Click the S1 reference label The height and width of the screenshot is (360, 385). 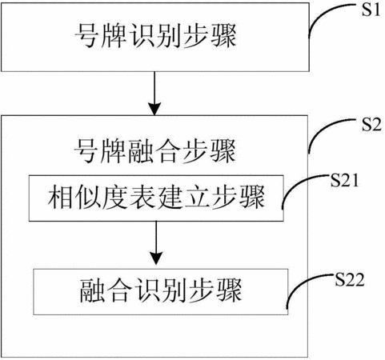371,10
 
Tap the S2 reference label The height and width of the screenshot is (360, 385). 371,125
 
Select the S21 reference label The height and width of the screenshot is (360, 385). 344,181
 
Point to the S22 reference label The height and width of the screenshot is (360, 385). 350,280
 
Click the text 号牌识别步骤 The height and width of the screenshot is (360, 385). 155,36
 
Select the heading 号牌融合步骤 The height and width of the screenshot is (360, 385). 154,151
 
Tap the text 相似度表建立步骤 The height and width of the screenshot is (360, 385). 156,198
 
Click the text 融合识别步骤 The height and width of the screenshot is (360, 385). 161,290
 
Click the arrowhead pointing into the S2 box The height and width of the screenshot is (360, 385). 154,108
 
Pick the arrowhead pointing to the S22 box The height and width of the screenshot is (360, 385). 156,258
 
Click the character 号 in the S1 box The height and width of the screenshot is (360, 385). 86,36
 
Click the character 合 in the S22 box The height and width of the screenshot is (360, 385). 120,290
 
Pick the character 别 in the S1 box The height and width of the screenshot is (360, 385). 168,36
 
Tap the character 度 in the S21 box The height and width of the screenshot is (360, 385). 115,198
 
